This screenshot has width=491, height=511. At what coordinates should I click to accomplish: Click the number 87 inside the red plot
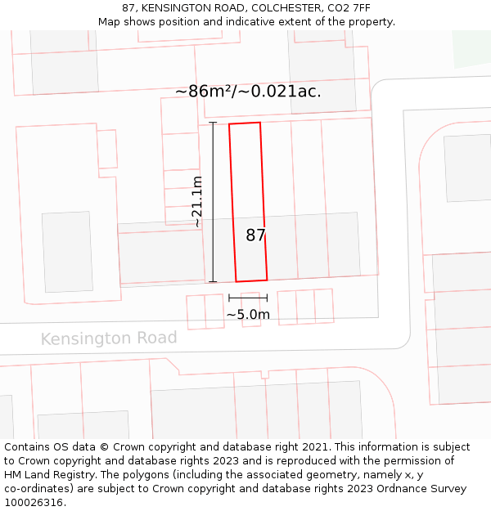click(255, 235)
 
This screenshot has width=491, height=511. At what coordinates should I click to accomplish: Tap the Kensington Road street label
click(109, 338)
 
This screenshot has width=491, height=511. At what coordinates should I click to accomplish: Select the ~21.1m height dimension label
click(196, 202)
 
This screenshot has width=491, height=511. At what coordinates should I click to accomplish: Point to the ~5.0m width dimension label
click(248, 314)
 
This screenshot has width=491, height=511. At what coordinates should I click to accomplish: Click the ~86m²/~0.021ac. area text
click(248, 92)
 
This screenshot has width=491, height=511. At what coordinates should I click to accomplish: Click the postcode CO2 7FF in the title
click(345, 8)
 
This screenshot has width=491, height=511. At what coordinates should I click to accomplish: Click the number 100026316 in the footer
click(33, 503)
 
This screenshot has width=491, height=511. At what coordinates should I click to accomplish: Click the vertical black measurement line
click(213, 202)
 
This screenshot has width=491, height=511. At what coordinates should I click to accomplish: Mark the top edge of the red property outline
click(245, 123)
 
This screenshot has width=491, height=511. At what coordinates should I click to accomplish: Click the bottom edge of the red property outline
click(251, 280)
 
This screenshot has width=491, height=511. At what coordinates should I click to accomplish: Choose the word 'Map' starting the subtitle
click(109, 22)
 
